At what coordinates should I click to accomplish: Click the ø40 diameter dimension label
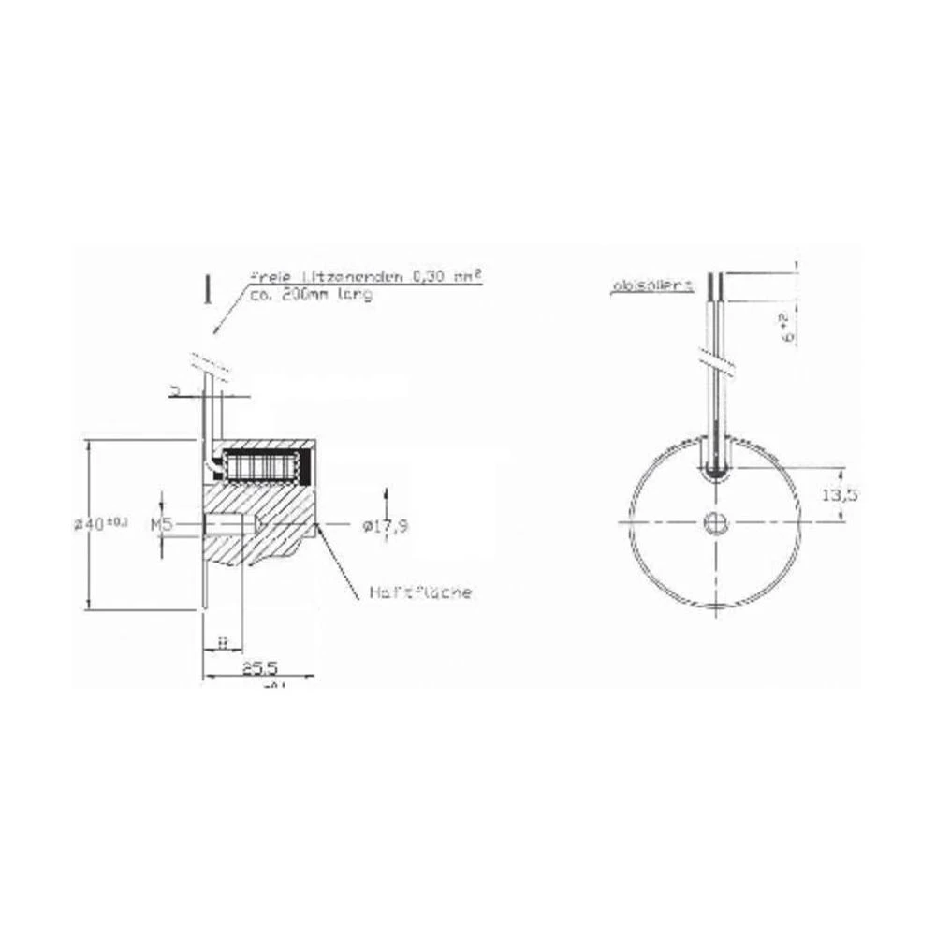coord(101,524)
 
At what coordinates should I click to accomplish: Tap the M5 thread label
coord(161,525)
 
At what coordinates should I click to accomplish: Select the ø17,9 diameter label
coord(382,525)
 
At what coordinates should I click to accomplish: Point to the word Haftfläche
coord(420,592)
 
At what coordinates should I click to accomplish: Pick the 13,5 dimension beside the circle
coord(838,493)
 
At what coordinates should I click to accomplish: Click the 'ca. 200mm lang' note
coord(311,295)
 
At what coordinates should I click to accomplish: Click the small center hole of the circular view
coord(716,521)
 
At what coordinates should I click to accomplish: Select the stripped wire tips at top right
coord(716,285)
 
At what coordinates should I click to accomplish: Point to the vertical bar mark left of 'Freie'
coord(206,289)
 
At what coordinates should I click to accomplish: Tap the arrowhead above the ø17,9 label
coord(384,493)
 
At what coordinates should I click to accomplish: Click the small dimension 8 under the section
coord(222,641)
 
